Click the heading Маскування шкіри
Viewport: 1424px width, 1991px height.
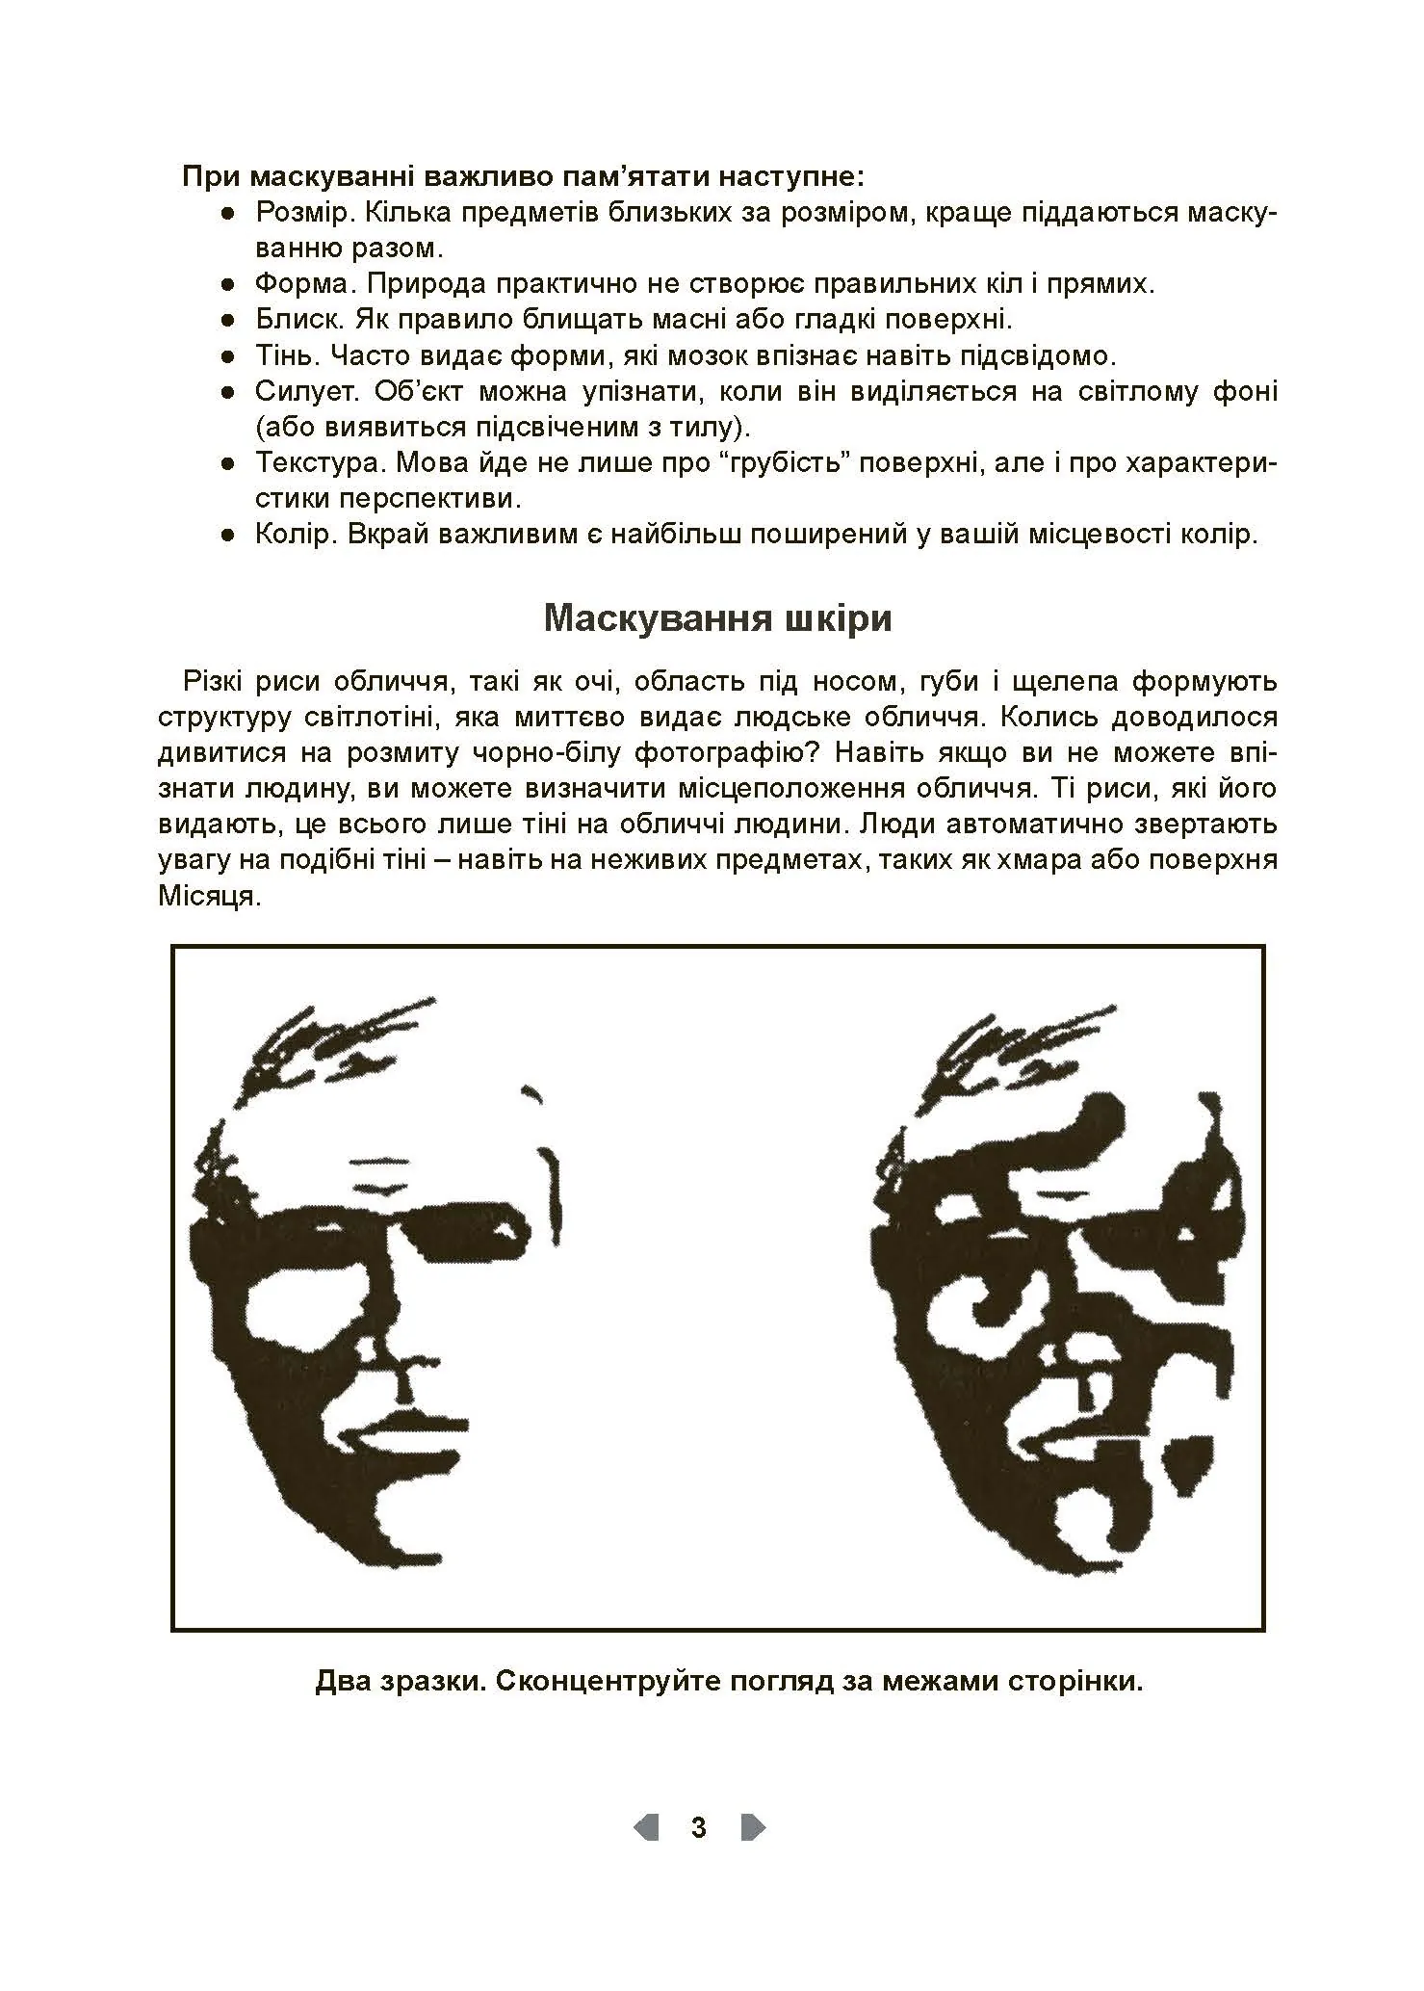(x=717, y=618)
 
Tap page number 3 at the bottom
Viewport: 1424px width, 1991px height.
(x=699, y=1827)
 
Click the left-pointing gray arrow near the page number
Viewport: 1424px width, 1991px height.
(x=646, y=1827)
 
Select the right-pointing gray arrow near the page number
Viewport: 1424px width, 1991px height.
(x=753, y=1827)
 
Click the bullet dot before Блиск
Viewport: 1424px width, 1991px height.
(x=227, y=321)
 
